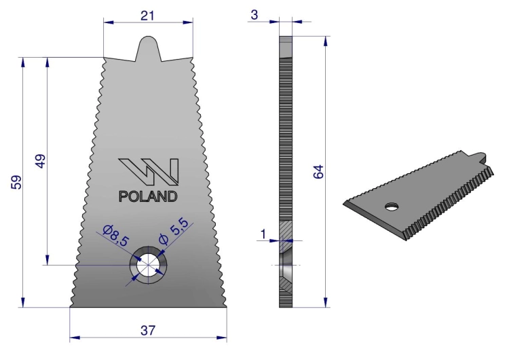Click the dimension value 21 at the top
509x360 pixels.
(x=147, y=16)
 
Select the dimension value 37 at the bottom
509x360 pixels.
(x=148, y=330)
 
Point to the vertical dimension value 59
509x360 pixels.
(x=16, y=182)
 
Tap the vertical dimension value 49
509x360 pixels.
(x=41, y=161)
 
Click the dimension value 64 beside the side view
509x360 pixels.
(x=318, y=172)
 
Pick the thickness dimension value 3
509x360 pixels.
(x=254, y=15)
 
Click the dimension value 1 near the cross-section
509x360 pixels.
(x=263, y=234)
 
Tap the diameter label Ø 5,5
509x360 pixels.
(x=174, y=231)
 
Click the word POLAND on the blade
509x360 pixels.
(x=148, y=196)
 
